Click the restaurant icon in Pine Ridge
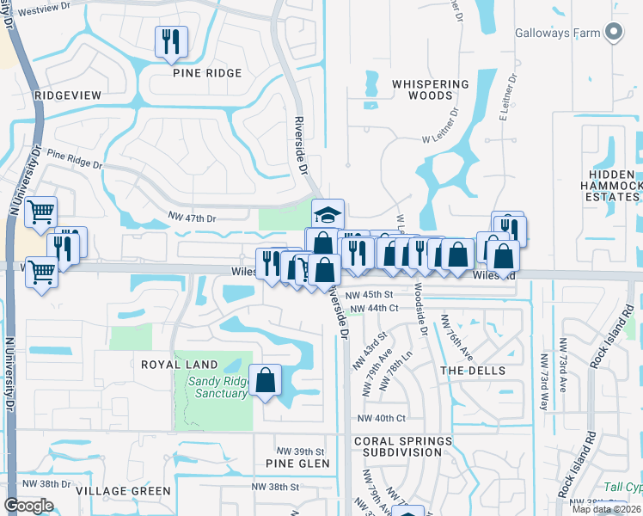click(169, 41)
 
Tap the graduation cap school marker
click(327, 212)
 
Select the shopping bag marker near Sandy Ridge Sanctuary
click(266, 380)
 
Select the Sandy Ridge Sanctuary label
click(213, 388)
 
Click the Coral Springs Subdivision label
click(402, 447)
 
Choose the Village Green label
click(123, 491)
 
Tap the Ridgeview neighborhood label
click(67, 95)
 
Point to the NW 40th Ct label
click(383, 418)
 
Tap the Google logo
click(28, 506)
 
